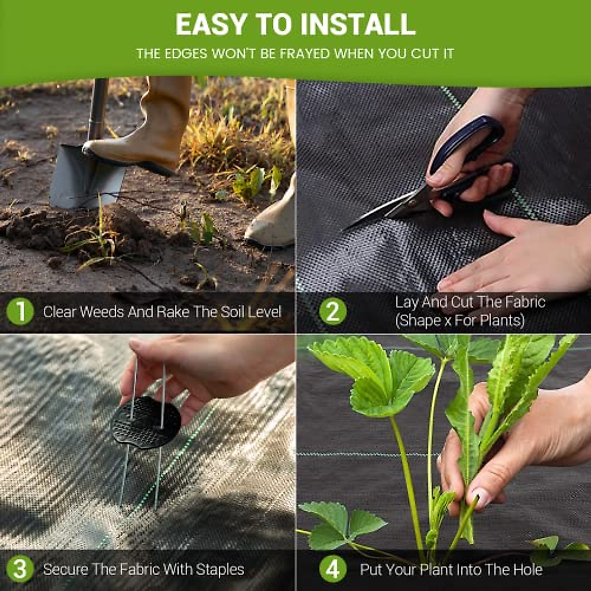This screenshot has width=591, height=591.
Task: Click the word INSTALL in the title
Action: (x=359, y=25)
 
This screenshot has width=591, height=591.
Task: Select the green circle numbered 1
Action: (x=20, y=312)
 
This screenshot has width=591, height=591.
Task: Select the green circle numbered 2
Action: (x=332, y=312)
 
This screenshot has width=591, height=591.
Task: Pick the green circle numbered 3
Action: (x=20, y=570)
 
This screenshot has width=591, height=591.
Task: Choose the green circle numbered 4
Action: (x=332, y=570)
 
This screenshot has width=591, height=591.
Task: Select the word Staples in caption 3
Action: (x=220, y=570)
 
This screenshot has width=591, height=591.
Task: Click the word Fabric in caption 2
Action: (x=525, y=302)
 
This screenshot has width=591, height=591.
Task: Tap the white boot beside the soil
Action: (x=273, y=222)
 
